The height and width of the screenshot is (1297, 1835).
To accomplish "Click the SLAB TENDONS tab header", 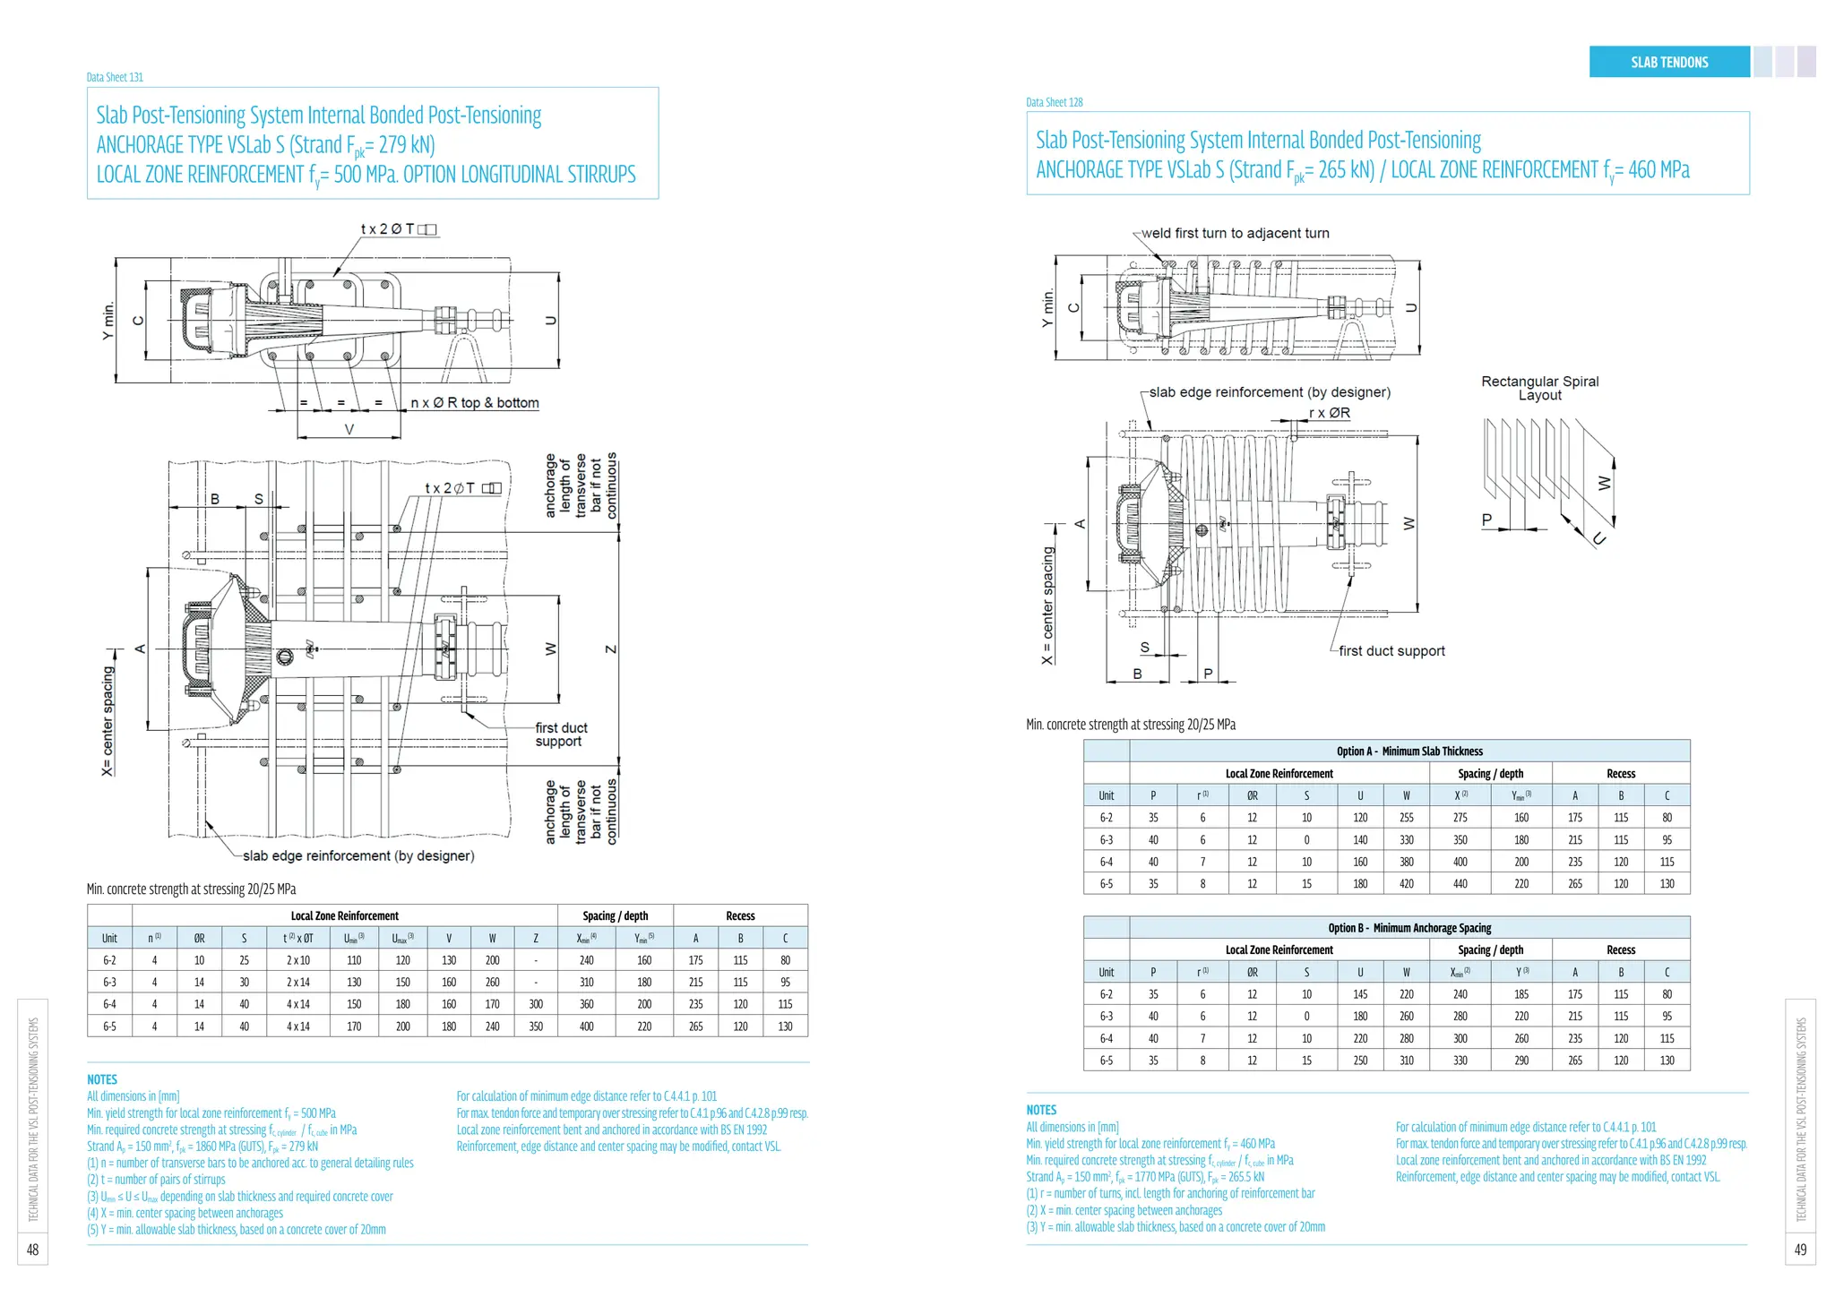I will pos(1668,62).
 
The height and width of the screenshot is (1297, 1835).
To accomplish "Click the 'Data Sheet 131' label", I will pos(115,77).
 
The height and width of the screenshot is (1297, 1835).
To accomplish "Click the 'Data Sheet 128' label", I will pos(1054,102).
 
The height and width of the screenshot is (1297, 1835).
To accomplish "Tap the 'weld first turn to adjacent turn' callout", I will pos(1235,233).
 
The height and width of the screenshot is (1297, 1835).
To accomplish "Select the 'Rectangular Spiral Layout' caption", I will pos(1539,388).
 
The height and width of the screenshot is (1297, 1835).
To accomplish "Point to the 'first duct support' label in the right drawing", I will pos(1391,651).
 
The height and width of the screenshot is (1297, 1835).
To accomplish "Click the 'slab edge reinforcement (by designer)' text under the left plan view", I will pos(358,855).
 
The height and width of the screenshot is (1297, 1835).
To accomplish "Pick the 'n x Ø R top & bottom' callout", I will pos(475,403).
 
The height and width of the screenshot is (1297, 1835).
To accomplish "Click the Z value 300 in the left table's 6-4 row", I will pos(536,1004).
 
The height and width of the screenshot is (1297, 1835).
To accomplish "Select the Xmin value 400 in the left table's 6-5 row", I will pos(586,1026).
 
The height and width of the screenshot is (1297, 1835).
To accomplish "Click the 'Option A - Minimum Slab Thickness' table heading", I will pos(1386,752).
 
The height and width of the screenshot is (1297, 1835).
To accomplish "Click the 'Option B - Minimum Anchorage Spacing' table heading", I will pos(1386,928).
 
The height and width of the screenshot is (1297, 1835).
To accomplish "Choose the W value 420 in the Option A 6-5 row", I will pos(1406,884).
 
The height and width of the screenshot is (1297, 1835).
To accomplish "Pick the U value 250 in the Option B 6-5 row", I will pos(1360,1061).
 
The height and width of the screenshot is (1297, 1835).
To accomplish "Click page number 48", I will pos(32,1250).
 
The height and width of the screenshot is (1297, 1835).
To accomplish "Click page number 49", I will pos(1800,1250).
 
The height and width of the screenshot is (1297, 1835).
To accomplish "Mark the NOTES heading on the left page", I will pos(102,1079).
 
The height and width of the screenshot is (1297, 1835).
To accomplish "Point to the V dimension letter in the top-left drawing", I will pos(349,430).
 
